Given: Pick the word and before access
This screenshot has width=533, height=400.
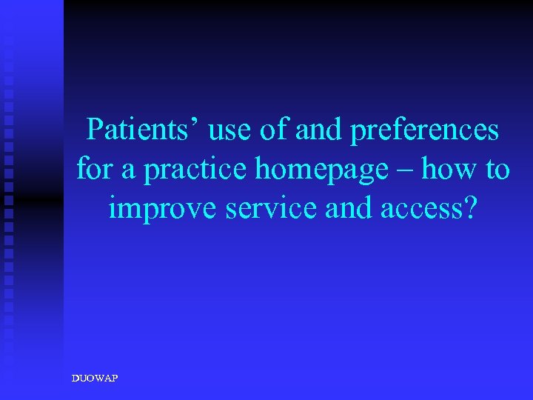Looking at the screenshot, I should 351,209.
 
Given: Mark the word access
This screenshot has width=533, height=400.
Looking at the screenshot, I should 418,210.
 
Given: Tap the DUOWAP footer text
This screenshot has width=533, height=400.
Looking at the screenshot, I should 94,379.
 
